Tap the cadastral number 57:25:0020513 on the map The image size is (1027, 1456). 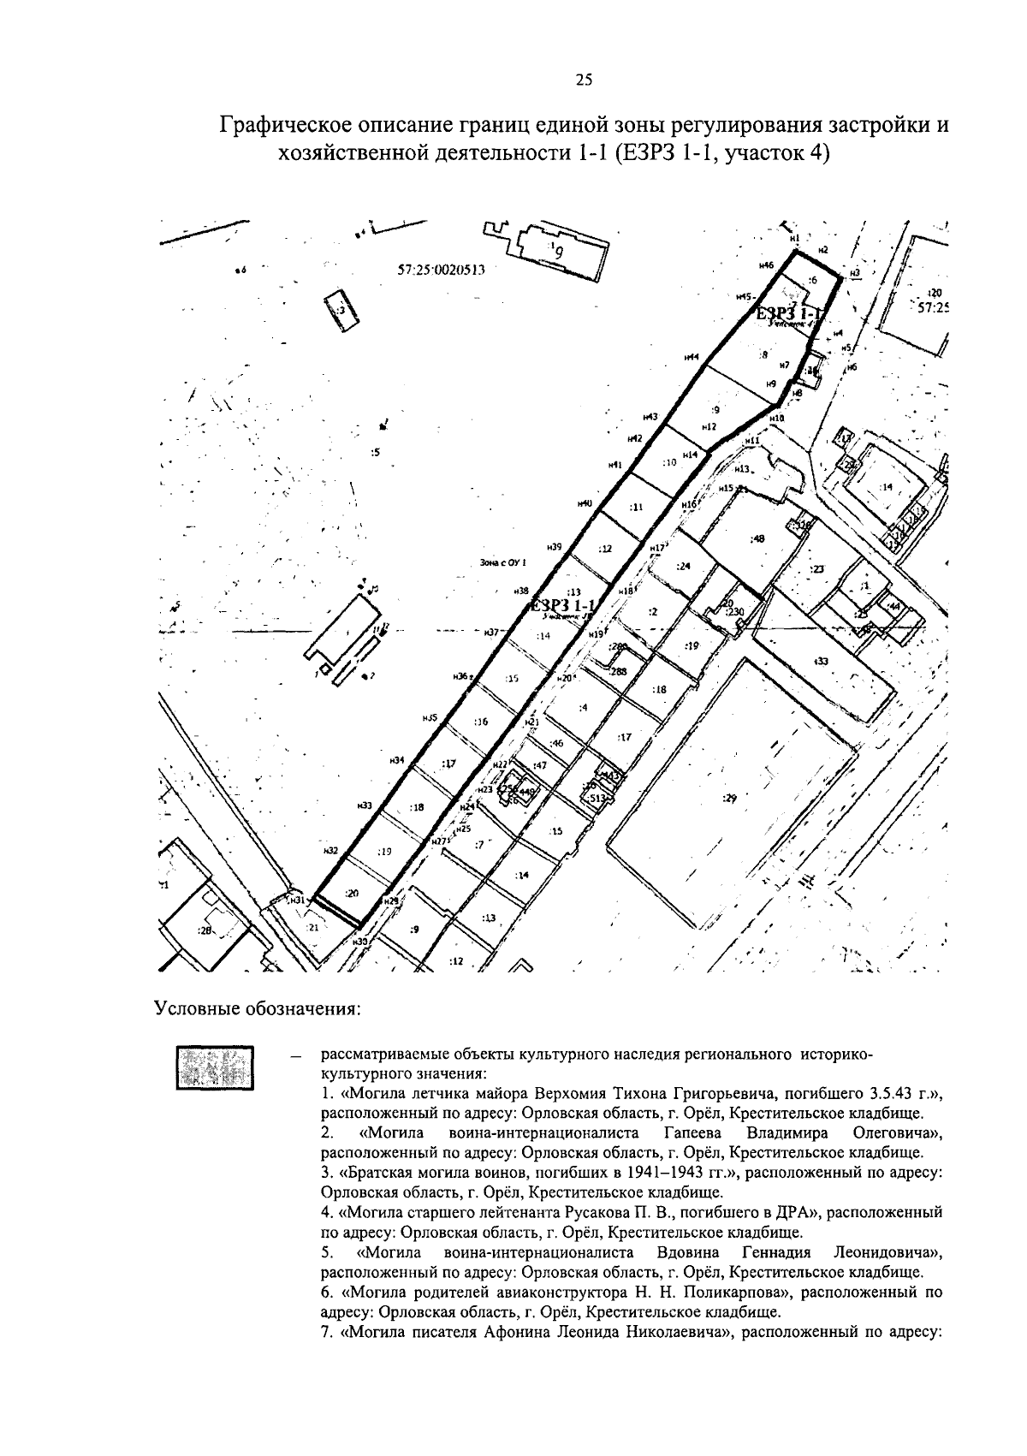(x=442, y=269)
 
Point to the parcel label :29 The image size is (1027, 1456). (x=729, y=798)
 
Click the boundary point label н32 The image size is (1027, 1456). (x=331, y=851)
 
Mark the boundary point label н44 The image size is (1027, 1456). (x=692, y=357)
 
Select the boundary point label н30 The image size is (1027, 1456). (x=359, y=941)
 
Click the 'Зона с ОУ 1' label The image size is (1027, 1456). (x=503, y=562)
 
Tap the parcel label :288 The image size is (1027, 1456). (x=618, y=672)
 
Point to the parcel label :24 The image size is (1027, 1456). (x=682, y=566)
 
